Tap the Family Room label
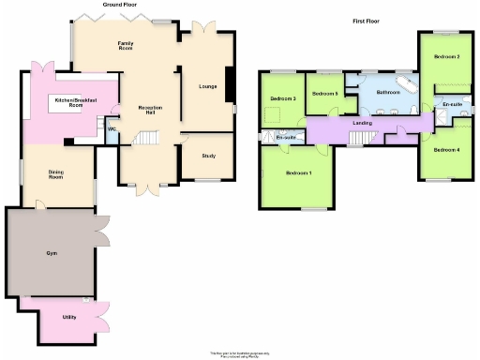pos(125,47)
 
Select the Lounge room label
pos(207,87)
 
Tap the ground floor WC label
pos(112,129)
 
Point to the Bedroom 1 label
pos(299,173)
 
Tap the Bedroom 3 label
pos(283,98)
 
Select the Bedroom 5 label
pos(324,94)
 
